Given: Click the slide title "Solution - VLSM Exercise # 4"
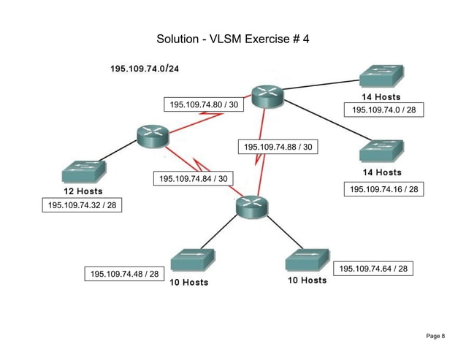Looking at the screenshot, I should click(233, 39).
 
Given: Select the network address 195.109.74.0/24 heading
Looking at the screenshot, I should click(145, 69).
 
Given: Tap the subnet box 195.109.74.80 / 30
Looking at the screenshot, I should click(204, 105).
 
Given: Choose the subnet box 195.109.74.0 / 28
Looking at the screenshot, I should click(383, 110).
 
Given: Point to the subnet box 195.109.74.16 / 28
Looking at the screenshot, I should click(383, 190).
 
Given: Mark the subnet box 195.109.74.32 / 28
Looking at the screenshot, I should click(82, 205).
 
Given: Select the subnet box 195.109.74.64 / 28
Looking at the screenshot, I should click(373, 269).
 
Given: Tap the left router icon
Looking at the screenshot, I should click(153, 135).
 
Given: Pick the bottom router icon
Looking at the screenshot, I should click(253, 207).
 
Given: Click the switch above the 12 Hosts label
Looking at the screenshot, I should click(84, 172).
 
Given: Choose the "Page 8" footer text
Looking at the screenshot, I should click(435, 335).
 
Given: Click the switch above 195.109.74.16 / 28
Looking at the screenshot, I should click(382, 152).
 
